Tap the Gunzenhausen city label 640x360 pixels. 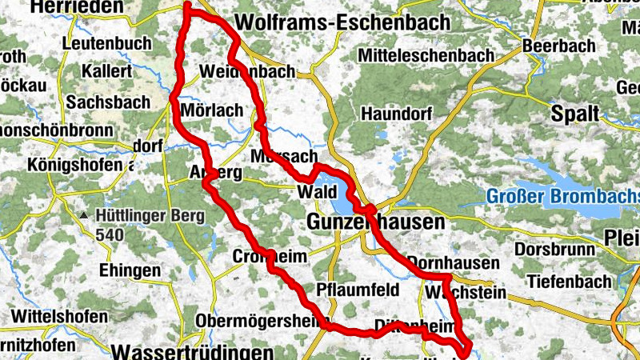click(x=375, y=222)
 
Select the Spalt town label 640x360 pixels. click(x=574, y=114)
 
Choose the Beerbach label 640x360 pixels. click(x=560, y=46)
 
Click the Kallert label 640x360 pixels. click(x=106, y=71)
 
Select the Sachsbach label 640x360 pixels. click(x=108, y=102)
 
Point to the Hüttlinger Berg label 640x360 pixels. click(x=150, y=215)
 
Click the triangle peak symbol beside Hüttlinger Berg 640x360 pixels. click(x=84, y=216)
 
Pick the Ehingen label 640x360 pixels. click(x=126, y=270)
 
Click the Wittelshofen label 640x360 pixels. click(x=58, y=316)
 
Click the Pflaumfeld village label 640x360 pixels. click(x=355, y=289)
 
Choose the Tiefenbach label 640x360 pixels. click(x=568, y=281)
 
